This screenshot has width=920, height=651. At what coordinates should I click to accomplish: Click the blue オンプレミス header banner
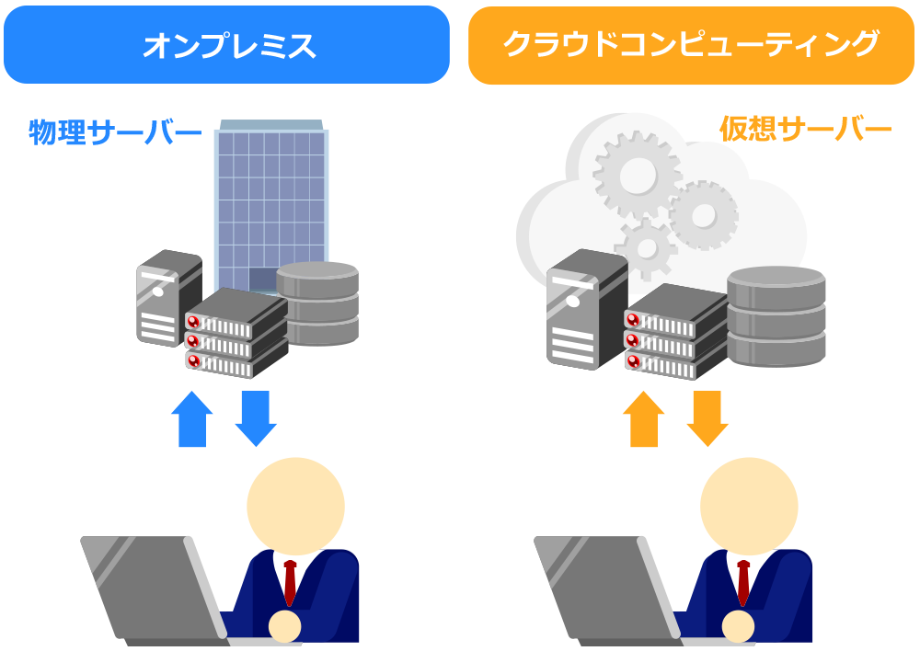[x=226, y=45]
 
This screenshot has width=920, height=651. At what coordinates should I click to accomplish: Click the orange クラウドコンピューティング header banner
[x=691, y=45]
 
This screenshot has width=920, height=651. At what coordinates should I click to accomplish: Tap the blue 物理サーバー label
[x=115, y=132]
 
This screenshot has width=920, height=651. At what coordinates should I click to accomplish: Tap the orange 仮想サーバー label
[x=805, y=130]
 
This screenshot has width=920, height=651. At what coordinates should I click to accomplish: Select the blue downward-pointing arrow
[x=256, y=418]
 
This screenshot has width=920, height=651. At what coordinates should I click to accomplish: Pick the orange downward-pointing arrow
[x=707, y=418]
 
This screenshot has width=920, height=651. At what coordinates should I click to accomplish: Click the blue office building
[x=271, y=198]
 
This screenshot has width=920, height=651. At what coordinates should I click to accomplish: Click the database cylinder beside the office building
[x=317, y=303]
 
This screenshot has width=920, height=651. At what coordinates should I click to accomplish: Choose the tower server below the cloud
[x=585, y=308]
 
